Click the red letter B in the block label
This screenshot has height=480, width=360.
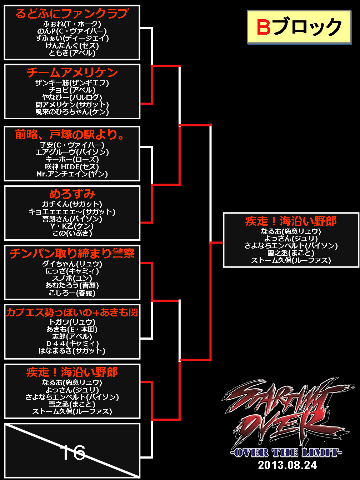coord(264,27)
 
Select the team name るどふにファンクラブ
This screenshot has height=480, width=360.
coord(72,14)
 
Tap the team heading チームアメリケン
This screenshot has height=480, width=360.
coord(72,73)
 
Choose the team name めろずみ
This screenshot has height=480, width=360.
coord(72,194)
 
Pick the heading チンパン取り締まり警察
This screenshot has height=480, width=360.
coord(72,254)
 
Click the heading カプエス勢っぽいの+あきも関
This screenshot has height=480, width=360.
coord(72,312)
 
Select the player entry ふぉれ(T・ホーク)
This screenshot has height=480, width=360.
coord(72,24)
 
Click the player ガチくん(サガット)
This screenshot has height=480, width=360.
coord(72,204)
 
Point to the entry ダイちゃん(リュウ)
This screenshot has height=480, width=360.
coord(72,264)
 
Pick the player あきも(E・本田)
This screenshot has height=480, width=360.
coord(72,329)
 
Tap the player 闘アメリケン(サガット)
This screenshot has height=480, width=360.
coord(72,104)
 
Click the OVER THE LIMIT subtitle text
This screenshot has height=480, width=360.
coord(286,453)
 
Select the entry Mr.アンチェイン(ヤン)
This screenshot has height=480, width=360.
coord(72,174)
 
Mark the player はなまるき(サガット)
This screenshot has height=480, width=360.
coord(72,351)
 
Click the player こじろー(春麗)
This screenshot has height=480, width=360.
coord(72,293)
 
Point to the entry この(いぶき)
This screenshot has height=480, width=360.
coord(72,233)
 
